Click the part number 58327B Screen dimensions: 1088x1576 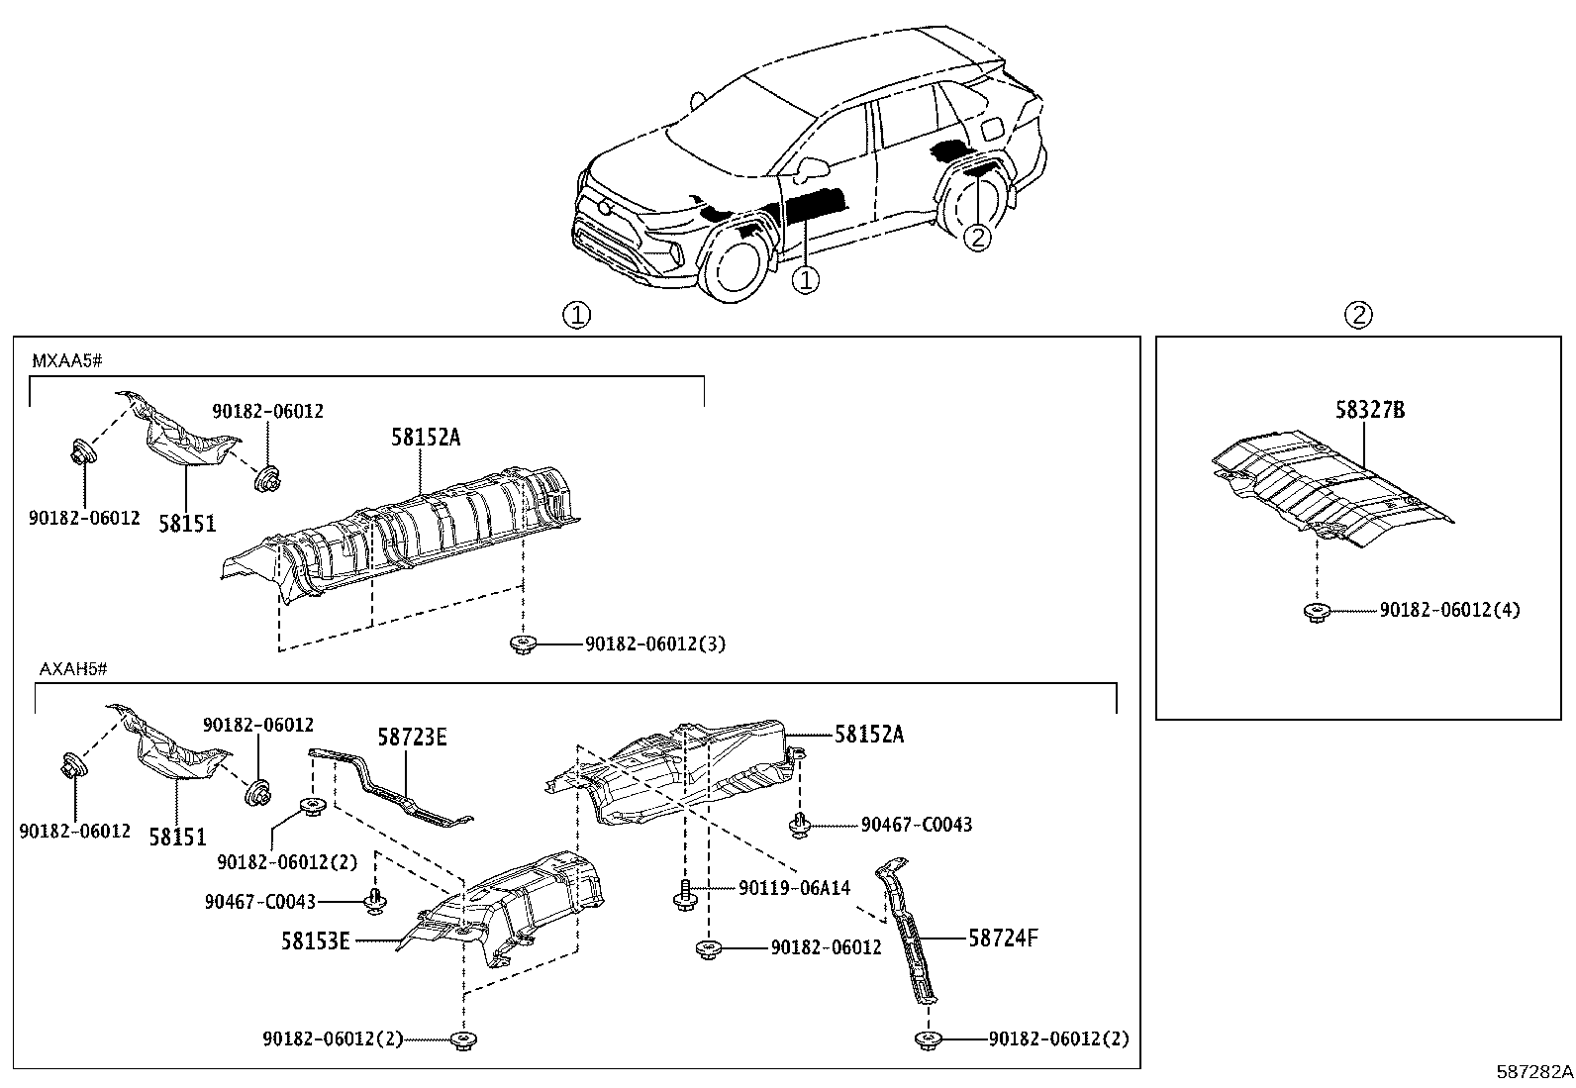[x=1369, y=409]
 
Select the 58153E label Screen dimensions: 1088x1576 [x=315, y=941]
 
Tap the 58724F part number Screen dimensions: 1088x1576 [x=1003, y=938]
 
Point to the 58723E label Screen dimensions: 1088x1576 [x=412, y=737]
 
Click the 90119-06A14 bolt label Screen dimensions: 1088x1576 [x=794, y=889]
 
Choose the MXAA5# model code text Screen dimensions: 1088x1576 [x=66, y=361]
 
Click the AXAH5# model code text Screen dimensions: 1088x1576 [x=72, y=668]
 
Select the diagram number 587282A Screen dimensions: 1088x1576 [x=1533, y=1071]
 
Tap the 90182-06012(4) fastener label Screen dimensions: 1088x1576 [x=1449, y=610]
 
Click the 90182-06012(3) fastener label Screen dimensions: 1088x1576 [x=654, y=644]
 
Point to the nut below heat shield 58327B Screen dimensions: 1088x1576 [x=1315, y=611]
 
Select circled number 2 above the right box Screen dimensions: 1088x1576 [x=1358, y=315]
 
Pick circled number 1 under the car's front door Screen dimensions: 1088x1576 [x=807, y=280]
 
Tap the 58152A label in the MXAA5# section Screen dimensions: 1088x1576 [x=425, y=437]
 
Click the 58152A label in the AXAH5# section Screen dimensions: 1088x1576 [x=868, y=734]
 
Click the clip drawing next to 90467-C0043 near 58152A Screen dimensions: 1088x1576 [x=799, y=824]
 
